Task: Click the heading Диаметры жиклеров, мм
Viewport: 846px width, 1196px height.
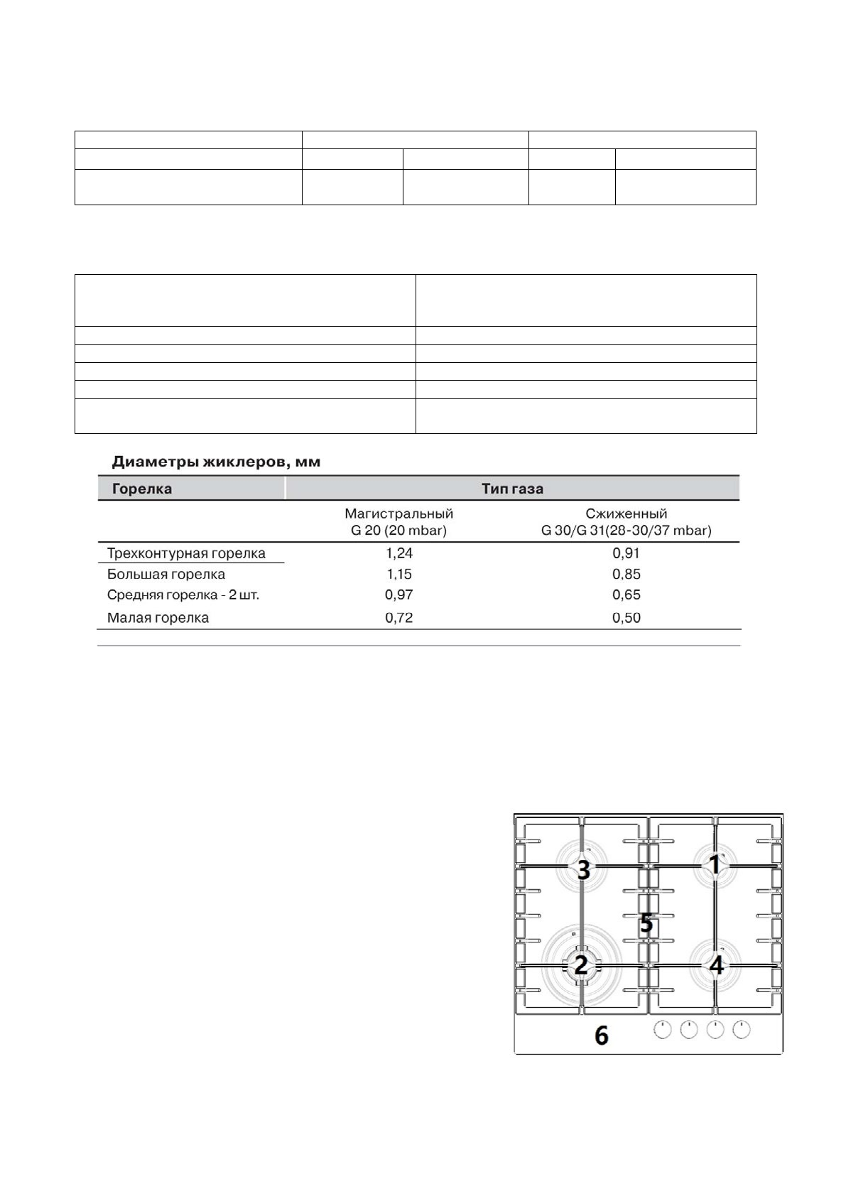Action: point(216,462)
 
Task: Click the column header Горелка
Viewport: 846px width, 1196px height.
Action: point(142,489)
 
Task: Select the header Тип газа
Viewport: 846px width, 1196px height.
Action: point(511,489)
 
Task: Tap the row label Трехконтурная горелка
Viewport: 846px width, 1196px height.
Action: point(186,553)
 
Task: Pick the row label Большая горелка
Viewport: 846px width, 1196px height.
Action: point(166,574)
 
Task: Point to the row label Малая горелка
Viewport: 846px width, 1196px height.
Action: point(158,618)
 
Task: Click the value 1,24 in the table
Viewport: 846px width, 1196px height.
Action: point(399,553)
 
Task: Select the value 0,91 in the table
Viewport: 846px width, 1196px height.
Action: point(626,553)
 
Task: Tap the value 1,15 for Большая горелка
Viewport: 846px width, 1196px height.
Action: point(399,574)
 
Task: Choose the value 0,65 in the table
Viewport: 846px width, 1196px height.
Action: point(626,594)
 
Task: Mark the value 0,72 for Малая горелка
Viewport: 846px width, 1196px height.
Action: point(399,618)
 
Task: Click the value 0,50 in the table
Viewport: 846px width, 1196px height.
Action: point(626,618)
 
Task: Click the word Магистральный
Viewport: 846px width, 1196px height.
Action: point(398,513)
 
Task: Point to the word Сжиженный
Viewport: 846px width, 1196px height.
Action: point(626,513)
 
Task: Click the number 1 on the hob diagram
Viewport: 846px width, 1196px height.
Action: point(715,864)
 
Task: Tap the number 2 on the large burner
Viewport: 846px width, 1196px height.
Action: point(581,966)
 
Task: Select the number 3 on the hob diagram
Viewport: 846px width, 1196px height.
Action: point(583,869)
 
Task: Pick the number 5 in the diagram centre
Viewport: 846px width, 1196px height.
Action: point(646,923)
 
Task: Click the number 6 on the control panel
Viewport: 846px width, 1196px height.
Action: point(601,1036)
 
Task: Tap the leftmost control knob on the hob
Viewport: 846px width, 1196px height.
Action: point(662,1030)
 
